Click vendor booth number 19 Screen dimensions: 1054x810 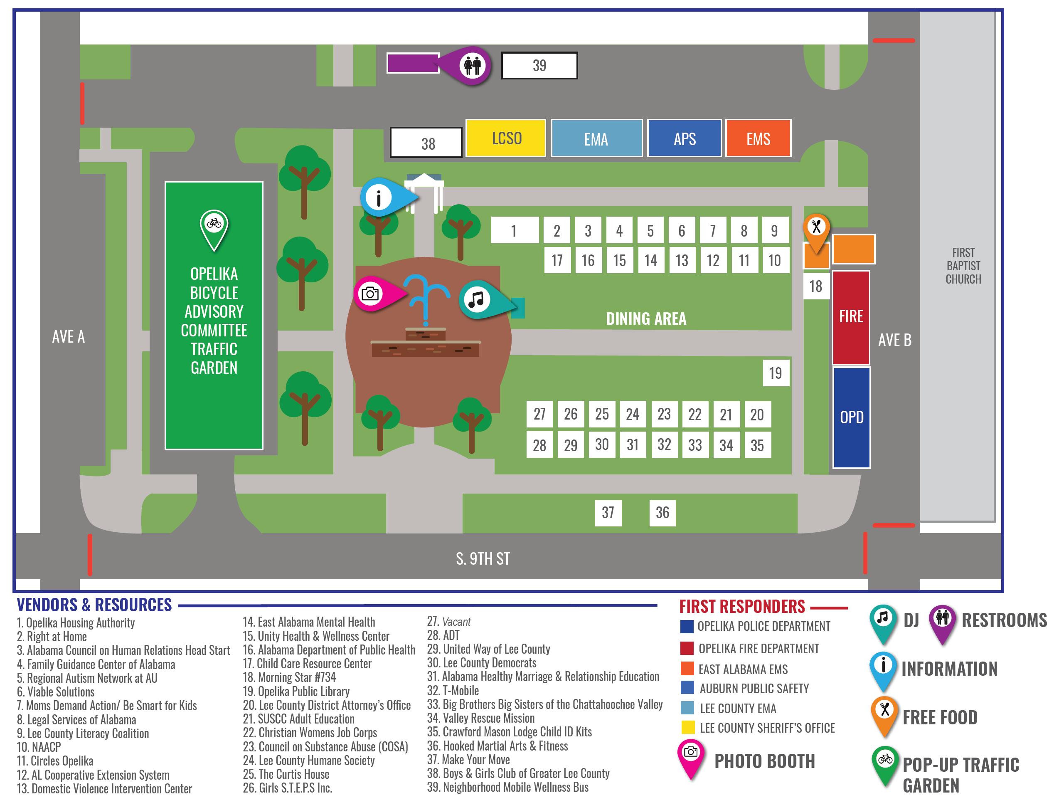coord(775,373)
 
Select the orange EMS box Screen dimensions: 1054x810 coord(758,139)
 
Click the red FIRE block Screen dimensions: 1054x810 coord(851,317)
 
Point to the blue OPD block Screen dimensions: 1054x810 coord(851,417)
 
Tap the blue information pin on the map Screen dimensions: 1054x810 coord(379,197)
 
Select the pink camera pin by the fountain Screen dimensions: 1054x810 coord(371,294)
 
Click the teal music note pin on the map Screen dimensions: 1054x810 coord(477,299)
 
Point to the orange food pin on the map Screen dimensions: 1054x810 coord(816,227)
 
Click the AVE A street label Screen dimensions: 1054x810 coord(68,336)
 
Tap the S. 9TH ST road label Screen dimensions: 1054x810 coord(483,558)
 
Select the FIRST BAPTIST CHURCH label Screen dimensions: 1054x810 coord(963,266)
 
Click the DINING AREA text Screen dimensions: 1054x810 coord(645,319)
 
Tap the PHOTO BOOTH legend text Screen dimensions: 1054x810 coord(764,761)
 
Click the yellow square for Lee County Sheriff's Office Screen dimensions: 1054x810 coord(687,727)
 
